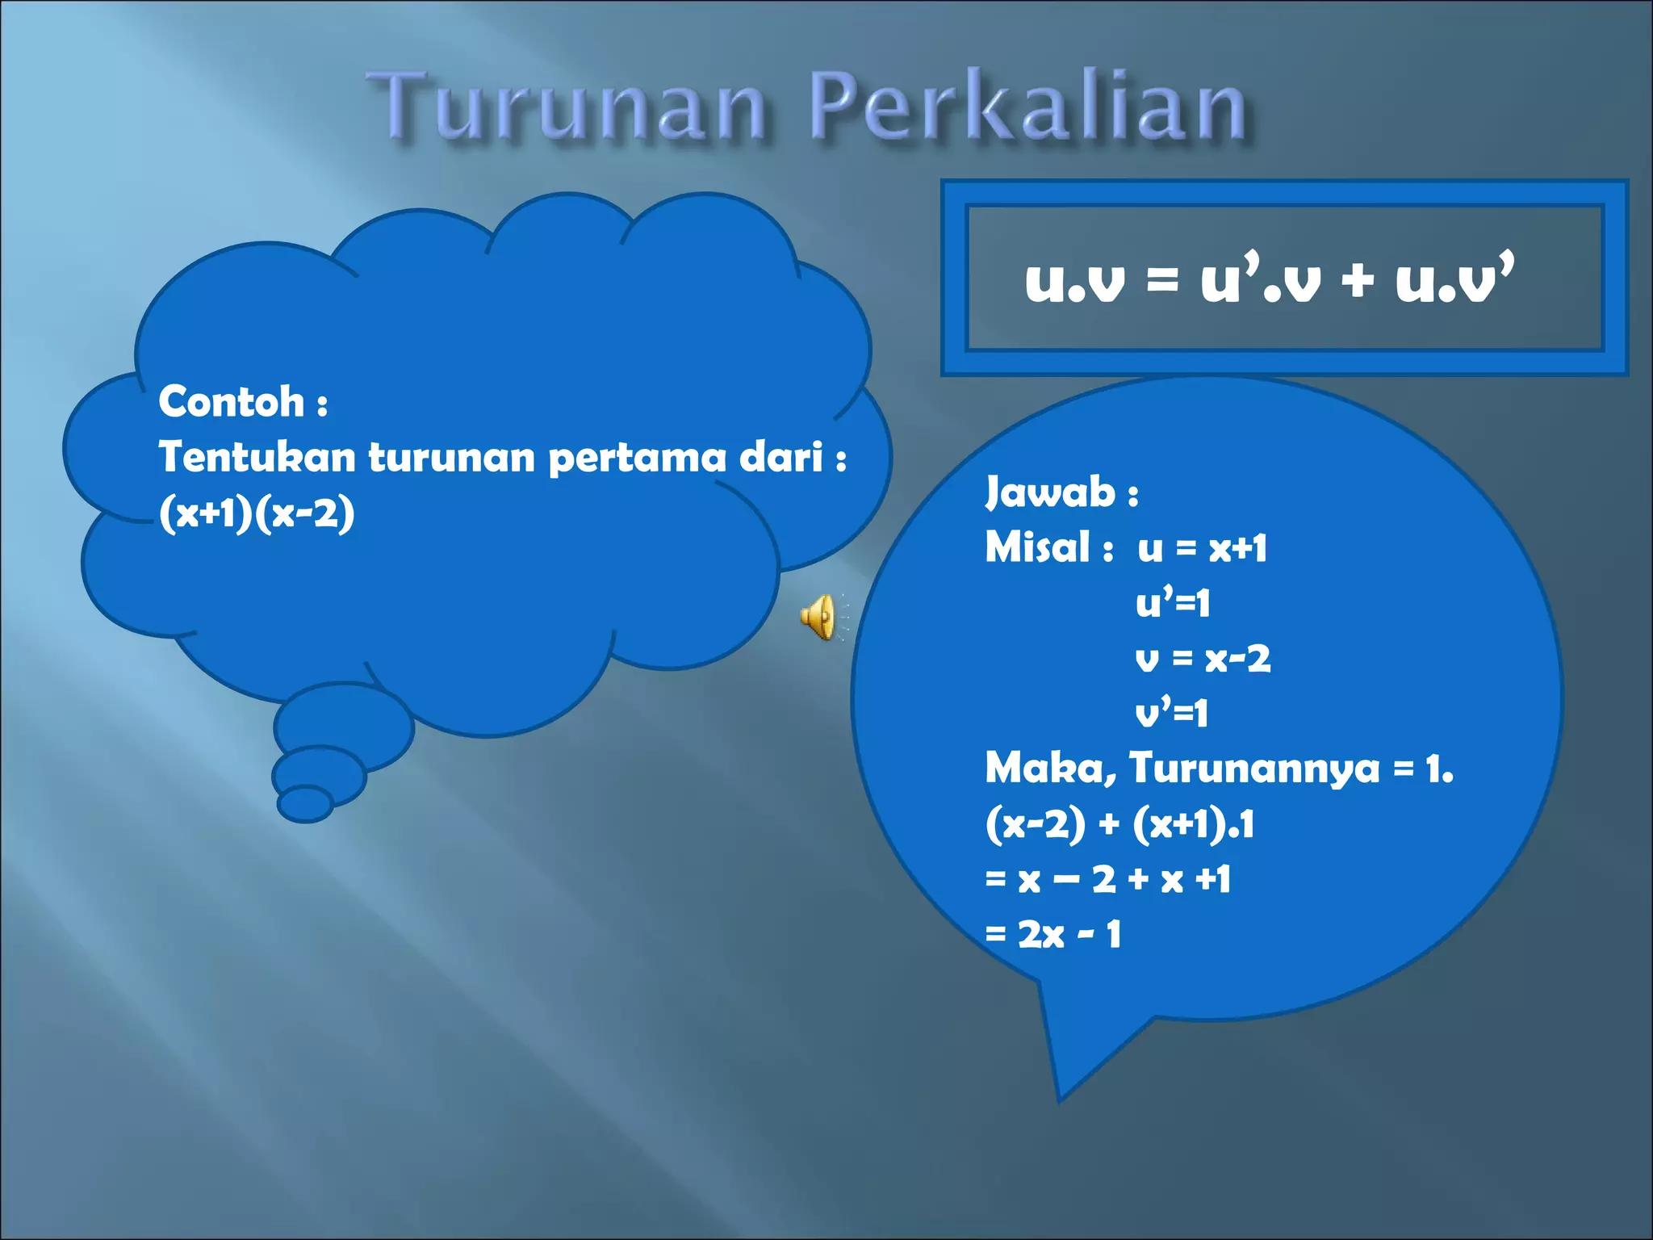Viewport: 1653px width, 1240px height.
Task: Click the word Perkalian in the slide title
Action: click(1029, 107)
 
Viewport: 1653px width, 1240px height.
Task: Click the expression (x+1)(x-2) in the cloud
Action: click(257, 513)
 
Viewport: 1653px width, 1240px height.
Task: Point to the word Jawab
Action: click(1050, 492)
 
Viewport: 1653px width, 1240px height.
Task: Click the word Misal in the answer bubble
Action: click(1038, 547)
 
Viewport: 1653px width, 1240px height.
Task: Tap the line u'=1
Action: click(1173, 603)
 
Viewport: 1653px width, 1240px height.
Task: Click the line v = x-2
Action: click(1203, 659)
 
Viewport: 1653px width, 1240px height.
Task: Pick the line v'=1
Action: click(1171, 714)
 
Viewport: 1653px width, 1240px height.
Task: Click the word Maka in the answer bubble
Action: click(1047, 768)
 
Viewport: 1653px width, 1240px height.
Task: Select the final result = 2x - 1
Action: click(1053, 935)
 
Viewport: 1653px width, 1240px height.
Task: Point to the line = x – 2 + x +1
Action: click(1107, 879)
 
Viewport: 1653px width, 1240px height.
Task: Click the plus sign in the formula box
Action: click(1358, 281)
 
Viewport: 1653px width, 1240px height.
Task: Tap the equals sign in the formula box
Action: click(1162, 281)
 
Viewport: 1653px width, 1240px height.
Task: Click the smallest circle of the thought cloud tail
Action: click(305, 803)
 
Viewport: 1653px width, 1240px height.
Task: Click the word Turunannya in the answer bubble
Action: click(1254, 768)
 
